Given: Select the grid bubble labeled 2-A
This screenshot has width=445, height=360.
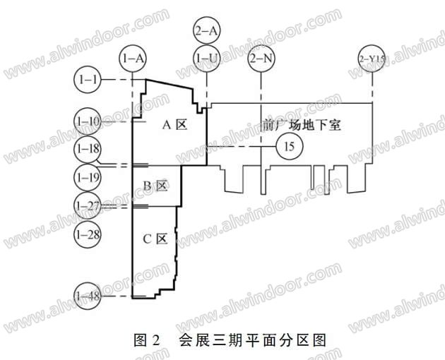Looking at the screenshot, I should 206,30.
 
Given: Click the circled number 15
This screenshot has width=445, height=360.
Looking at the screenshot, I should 289,146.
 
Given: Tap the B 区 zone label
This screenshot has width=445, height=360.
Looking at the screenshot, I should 154,186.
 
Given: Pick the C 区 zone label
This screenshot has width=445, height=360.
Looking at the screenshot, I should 154,239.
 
